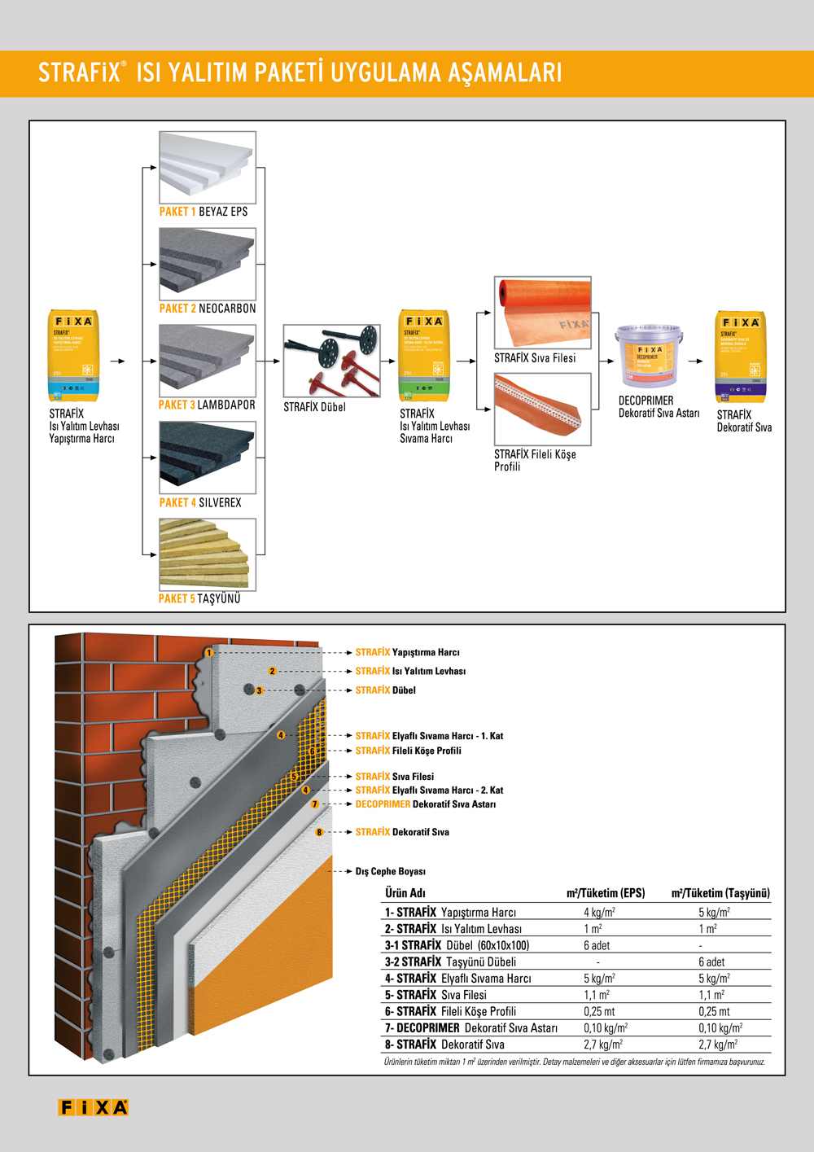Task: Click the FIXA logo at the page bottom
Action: [x=94, y=1107]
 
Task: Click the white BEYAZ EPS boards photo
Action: [x=207, y=168]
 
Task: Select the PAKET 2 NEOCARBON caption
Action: [x=207, y=309]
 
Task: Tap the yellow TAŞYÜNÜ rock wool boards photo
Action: [x=207, y=554]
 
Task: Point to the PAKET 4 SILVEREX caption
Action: [x=200, y=502]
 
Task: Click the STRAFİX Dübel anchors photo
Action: [x=331, y=361]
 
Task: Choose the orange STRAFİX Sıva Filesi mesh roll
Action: [x=542, y=313]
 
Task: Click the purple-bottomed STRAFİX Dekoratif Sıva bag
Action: [x=740, y=357]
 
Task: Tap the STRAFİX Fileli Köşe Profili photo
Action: [x=542, y=409]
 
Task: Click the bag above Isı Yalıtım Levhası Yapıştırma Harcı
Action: [x=75, y=356]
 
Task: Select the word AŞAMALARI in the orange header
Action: [x=505, y=73]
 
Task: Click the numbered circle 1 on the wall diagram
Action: [x=209, y=652]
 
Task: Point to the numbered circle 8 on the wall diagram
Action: [x=319, y=832]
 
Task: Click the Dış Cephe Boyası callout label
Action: [x=390, y=871]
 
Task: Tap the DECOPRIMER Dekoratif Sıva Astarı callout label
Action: [x=425, y=804]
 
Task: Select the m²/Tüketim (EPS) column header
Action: [x=606, y=893]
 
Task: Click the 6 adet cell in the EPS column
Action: [x=597, y=945]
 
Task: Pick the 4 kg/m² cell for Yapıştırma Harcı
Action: [x=599, y=913]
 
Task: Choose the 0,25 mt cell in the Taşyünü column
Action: [x=714, y=1011]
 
